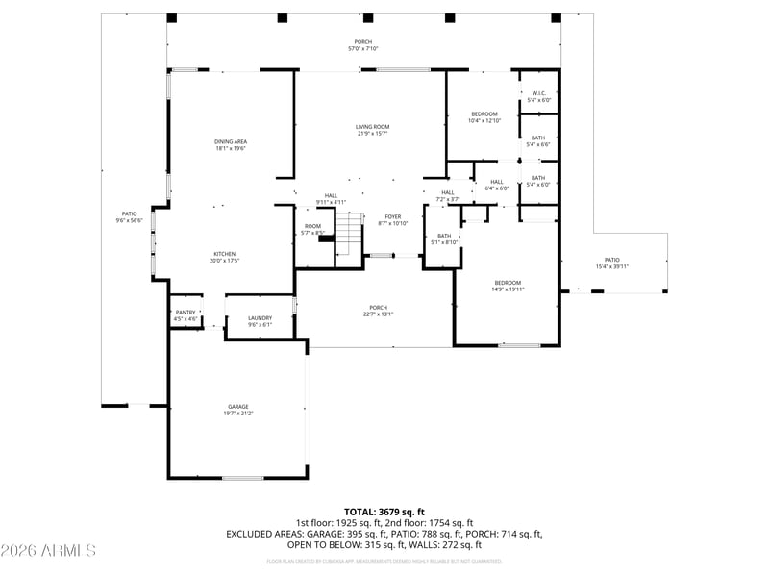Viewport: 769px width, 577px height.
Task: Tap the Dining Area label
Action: coord(231,145)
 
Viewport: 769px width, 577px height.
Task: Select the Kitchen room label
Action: coord(224,257)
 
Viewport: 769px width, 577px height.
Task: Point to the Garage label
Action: coord(238,410)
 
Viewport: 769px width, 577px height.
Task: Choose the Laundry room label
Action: coord(260,321)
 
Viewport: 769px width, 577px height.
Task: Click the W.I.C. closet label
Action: coord(538,96)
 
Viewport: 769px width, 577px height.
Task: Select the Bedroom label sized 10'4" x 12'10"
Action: coord(484,117)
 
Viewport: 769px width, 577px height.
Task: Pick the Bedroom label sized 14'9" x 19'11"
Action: coord(508,286)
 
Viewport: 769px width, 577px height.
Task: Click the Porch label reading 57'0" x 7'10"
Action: coord(363,45)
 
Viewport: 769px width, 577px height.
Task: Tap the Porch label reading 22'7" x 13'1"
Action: coord(379,312)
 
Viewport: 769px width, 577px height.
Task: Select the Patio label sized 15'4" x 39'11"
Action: coord(611,263)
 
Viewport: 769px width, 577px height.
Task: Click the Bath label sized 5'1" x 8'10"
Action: coord(444,238)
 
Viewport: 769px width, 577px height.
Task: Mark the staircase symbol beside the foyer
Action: coord(349,236)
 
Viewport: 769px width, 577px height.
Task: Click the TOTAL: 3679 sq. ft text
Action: coord(384,512)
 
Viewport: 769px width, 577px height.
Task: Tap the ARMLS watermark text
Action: coord(48,551)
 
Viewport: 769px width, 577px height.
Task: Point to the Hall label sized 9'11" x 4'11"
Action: coord(331,198)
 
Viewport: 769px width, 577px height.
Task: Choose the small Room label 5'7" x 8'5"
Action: coord(313,229)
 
